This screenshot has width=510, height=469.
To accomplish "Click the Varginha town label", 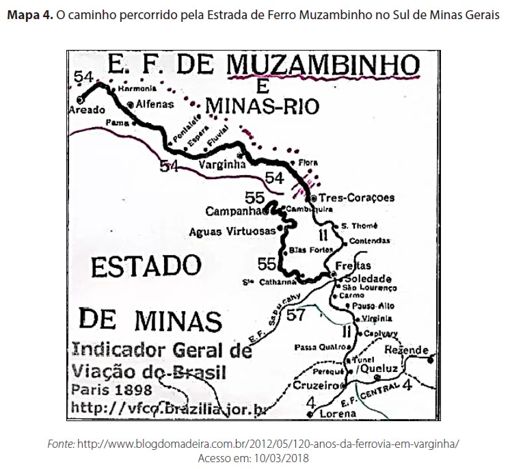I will tap(221, 165).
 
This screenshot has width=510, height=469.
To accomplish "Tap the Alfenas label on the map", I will tap(155, 104).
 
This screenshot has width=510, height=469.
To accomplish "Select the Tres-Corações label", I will tap(357, 198).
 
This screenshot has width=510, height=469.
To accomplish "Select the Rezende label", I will tap(406, 349).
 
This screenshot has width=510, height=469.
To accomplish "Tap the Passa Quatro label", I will tap(317, 347).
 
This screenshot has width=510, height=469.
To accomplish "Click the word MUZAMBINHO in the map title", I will tap(323, 66).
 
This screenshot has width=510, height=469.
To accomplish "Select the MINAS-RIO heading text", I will tap(257, 105).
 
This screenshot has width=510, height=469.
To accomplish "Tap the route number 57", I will tap(295, 315).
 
